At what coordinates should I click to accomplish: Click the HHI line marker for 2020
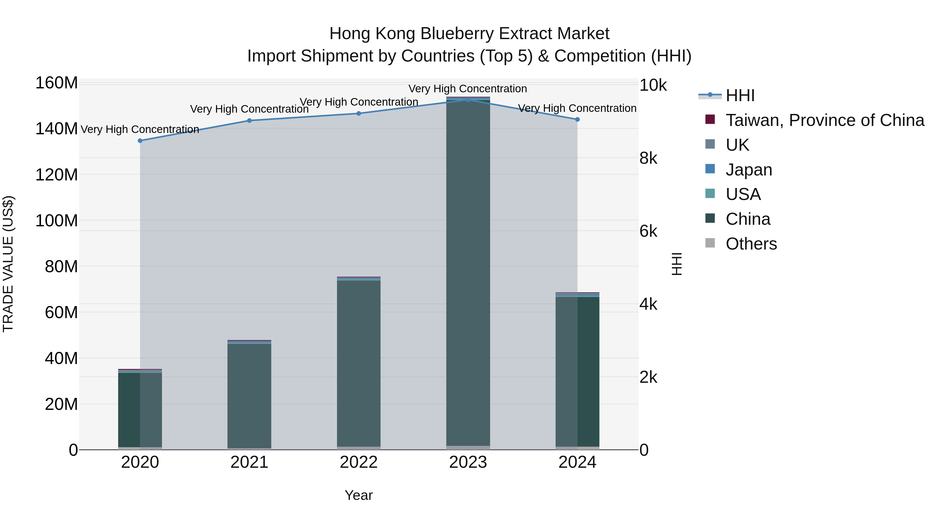(140, 141)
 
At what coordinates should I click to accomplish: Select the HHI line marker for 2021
(249, 121)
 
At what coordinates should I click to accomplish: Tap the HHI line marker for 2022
(359, 113)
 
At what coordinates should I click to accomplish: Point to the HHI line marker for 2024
(577, 119)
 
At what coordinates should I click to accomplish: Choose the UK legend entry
(737, 145)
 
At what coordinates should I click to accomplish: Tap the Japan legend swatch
(710, 169)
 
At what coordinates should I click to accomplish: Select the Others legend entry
(751, 244)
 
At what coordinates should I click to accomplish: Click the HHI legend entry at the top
(740, 95)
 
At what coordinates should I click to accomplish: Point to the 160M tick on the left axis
(57, 83)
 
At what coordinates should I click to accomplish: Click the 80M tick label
(61, 267)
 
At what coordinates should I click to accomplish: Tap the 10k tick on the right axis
(653, 85)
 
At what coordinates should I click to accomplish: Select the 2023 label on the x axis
(468, 462)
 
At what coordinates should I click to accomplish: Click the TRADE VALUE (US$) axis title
(8, 264)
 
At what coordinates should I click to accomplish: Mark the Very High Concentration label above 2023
(468, 89)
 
